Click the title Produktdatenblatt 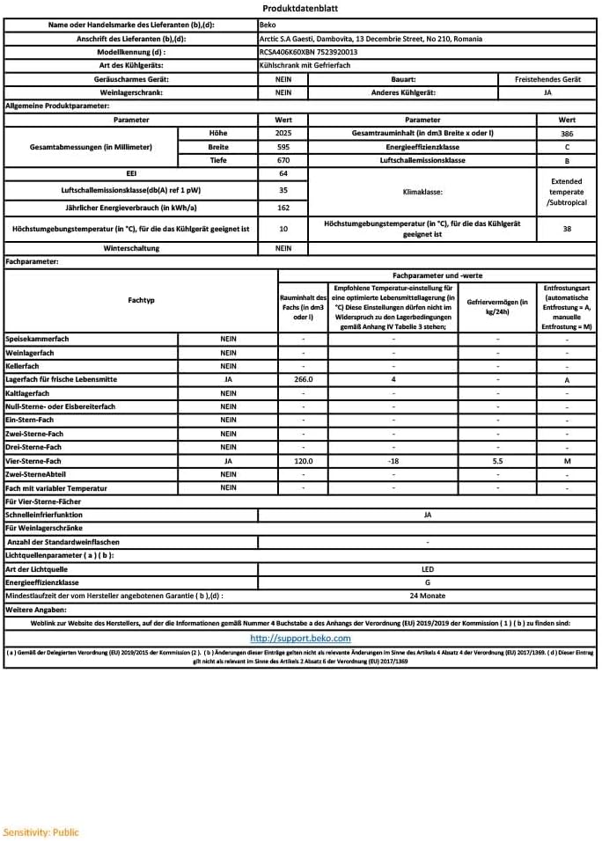(x=300, y=9)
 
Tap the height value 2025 (x=283, y=133)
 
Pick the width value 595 (x=283, y=147)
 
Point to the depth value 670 (x=283, y=161)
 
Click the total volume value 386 (x=567, y=133)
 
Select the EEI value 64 (x=283, y=174)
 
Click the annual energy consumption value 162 (x=283, y=208)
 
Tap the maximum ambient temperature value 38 (x=567, y=229)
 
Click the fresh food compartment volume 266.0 (x=303, y=380)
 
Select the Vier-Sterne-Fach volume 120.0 (x=303, y=461)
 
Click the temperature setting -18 (x=393, y=461)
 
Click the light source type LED (x=428, y=569)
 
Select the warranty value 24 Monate (x=428, y=596)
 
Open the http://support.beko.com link (x=300, y=639)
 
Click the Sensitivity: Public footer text (x=40, y=831)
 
